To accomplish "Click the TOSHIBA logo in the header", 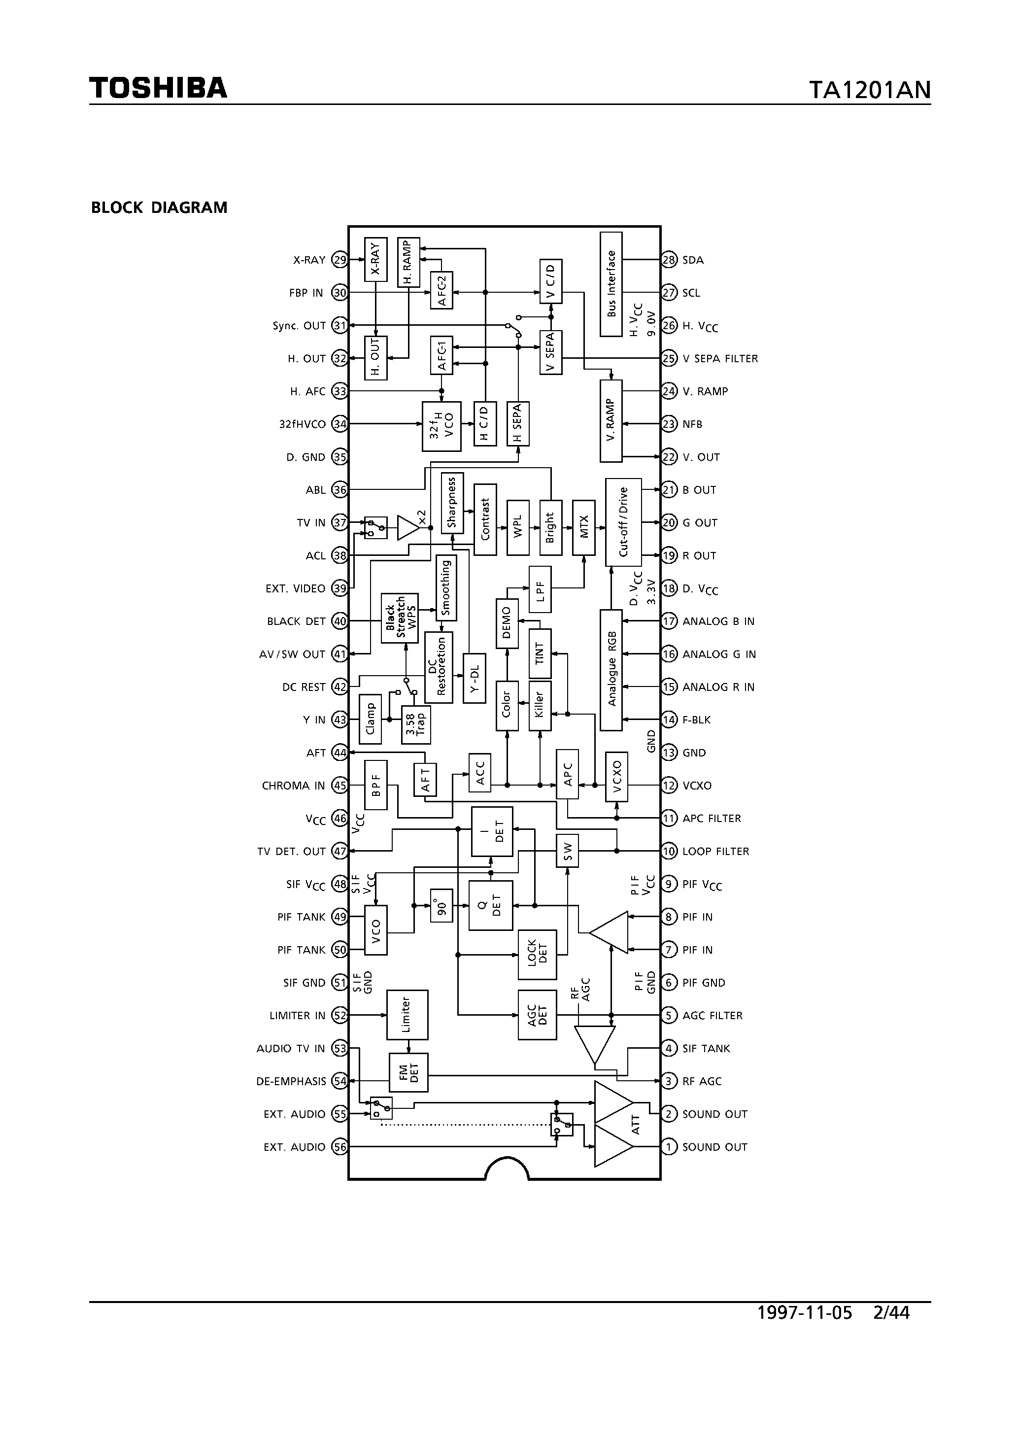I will coord(158,88).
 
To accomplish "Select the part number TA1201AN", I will coord(869,90).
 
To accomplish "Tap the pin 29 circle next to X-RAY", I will coord(339,260).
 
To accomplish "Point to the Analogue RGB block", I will coord(611,670).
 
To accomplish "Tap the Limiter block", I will coord(407,1015).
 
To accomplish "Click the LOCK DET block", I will coord(537,955).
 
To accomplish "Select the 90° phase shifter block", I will coord(441,906).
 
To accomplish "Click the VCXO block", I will coord(616,776).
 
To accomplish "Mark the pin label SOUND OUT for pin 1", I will coord(714,1147).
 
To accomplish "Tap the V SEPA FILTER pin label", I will coord(720,358).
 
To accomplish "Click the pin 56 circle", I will coord(339,1147).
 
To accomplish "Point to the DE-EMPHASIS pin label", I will coord(291,1081).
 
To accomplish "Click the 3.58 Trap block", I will coord(415,725).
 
